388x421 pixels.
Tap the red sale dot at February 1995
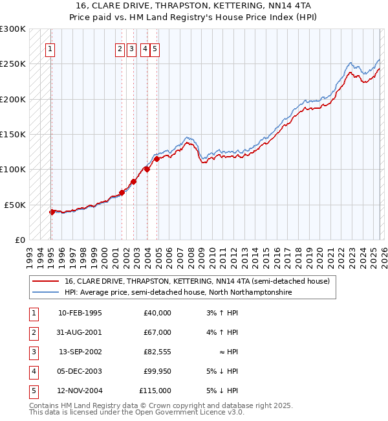52,212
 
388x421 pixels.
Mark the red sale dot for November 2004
156,159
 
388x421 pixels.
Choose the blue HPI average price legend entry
178,293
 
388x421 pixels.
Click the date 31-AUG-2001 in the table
80,332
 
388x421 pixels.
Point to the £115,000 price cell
155,391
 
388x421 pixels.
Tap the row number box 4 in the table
32,371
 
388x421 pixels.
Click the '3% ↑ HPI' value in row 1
222,313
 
